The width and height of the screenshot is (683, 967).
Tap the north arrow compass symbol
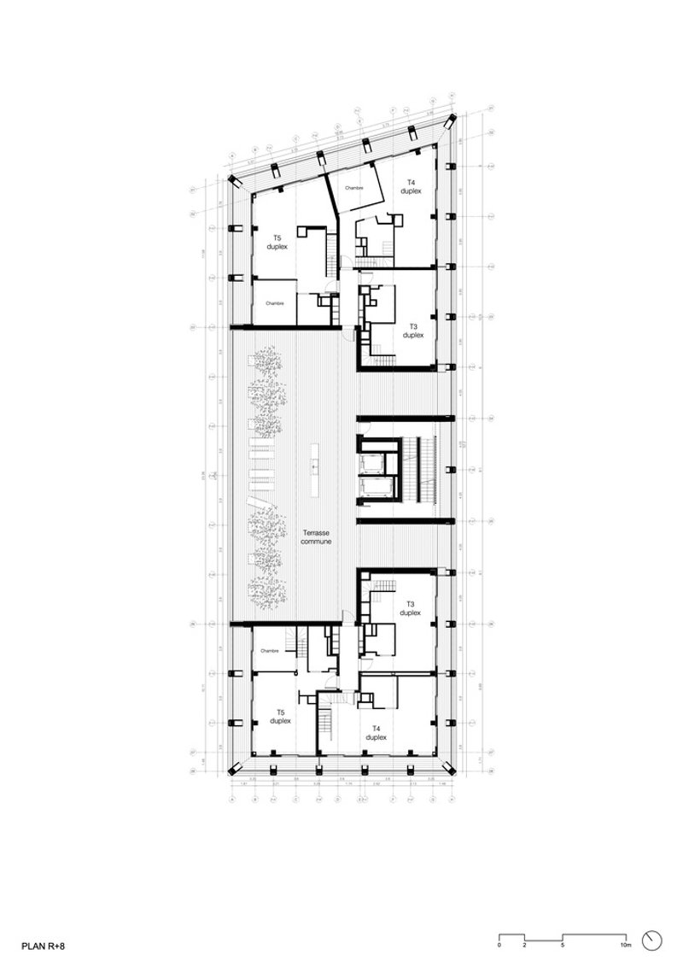[x=654, y=939]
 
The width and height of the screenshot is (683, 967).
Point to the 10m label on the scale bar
[x=626, y=946]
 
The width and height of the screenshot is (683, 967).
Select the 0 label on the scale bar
[x=499, y=946]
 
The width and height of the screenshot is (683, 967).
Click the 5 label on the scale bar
[x=563, y=946]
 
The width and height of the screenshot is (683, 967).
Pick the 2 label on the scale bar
[x=524, y=946]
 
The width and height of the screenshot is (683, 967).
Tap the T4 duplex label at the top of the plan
[x=411, y=186]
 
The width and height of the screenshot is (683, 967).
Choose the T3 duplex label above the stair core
[x=412, y=331]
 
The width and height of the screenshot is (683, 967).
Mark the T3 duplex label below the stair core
[x=410, y=608]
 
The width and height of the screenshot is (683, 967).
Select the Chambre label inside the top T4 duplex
[x=355, y=187]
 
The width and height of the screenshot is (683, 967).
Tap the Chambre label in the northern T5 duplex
[x=274, y=303]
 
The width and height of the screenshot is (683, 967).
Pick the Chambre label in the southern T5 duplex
[x=271, y=650]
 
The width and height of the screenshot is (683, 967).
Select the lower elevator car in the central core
[x=375, y=488]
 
